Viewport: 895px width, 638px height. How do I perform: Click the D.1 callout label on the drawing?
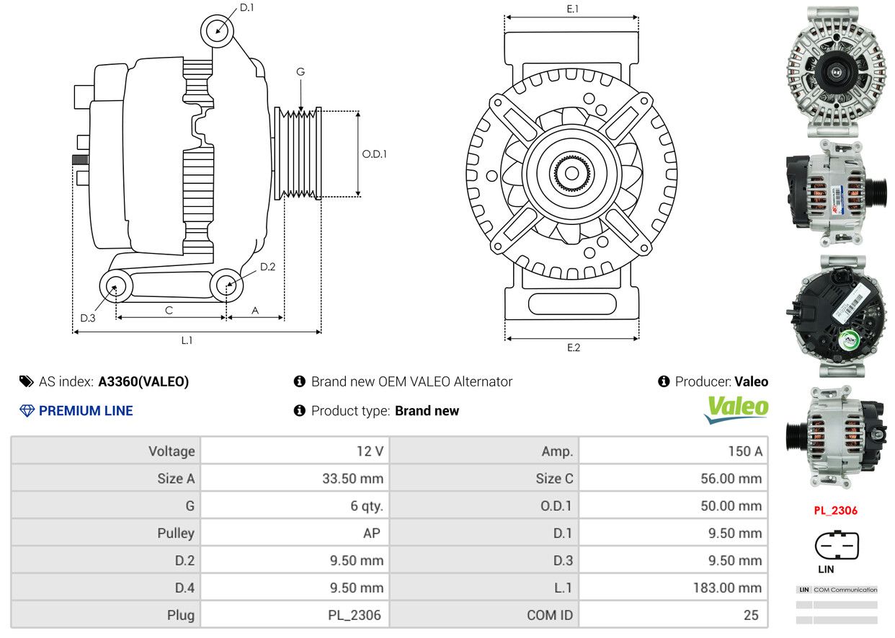246,8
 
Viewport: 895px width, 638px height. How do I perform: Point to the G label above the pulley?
300,71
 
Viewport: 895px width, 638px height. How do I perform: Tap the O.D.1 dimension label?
374,154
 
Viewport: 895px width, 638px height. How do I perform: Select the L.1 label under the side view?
187,340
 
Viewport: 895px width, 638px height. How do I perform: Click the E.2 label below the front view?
573,347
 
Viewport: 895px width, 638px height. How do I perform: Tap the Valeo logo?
736,409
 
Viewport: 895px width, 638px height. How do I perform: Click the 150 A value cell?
745,451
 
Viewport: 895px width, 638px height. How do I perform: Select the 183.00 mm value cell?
727,588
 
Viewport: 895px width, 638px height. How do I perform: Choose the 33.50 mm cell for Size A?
353,479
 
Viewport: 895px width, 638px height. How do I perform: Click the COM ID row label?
550,616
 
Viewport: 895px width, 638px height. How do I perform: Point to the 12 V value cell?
369,451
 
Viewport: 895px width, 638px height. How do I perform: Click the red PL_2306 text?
836,510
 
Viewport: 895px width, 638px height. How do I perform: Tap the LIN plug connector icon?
837,546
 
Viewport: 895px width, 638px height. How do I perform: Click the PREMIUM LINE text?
86,411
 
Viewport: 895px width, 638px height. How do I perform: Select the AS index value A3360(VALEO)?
143,382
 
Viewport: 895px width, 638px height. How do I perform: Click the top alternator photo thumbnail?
835,71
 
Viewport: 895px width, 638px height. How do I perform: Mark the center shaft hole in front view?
572,173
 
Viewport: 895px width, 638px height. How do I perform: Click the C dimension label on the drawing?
169,310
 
